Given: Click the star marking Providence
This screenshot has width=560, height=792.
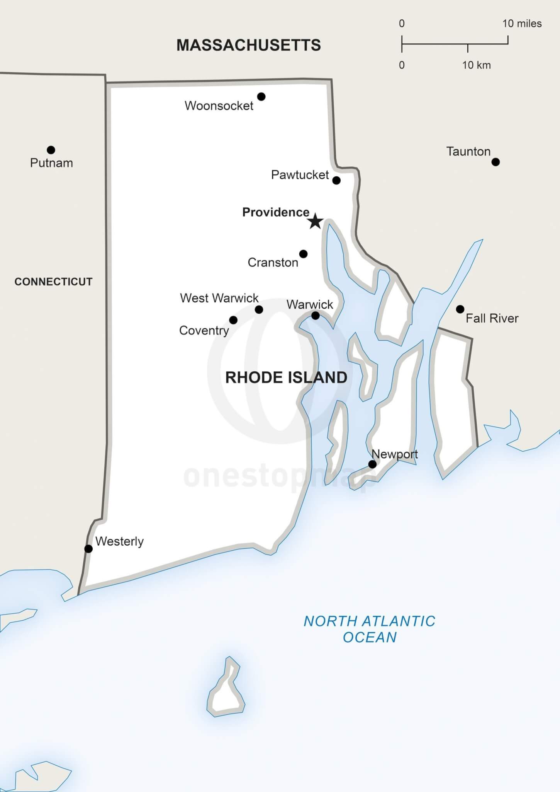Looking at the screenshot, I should click(x=316, y=221).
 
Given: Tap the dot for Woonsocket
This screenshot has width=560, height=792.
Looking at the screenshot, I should click(x=261, y=97).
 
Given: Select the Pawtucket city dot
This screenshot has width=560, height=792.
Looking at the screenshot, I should click(x=336, y=180).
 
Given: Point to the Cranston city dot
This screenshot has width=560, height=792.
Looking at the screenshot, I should click(x=304, y=254).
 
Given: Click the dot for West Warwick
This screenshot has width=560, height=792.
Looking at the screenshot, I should click(x=259, y=309).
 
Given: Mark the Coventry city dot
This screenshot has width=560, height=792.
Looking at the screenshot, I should click(x=233, y=320).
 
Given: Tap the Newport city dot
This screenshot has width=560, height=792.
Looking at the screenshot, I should click(x=372, y=464).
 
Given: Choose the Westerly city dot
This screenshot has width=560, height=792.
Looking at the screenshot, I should click(x=88, y=549).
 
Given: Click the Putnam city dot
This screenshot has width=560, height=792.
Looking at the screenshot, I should click(x=51, y=150).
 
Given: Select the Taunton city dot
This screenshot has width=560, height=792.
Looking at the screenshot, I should click(x=496, y=162).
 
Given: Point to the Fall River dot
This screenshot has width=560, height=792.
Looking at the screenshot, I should click(x=460, y=309).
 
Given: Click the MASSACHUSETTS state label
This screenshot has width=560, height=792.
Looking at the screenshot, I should click(x=249, y=45).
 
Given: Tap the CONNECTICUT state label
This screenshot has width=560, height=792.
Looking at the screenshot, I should click(x=53, y=282).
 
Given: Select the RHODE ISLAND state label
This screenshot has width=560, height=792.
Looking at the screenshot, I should click(x=286, y=377).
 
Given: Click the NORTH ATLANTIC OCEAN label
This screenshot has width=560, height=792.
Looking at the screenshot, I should click(x=370, y=629).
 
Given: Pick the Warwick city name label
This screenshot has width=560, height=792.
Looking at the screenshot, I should click(x=310, y=304).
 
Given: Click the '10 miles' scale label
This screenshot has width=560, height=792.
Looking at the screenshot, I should click(x=522, y=24).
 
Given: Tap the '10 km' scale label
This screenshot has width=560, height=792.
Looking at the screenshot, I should click(x=477, y=65).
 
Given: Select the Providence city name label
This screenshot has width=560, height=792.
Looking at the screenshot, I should click(x=276, y=212).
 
